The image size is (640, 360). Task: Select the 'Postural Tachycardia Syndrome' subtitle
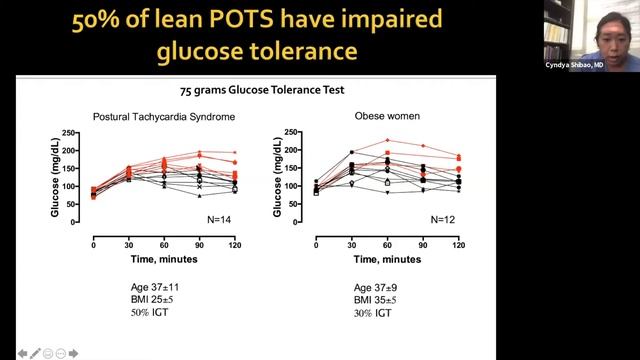tap(163, 116)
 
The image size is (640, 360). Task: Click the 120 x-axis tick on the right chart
tap(458, 244)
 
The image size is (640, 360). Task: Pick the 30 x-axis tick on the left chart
tap(129, 244)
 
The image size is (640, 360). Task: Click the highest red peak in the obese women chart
tap(387, 140)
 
